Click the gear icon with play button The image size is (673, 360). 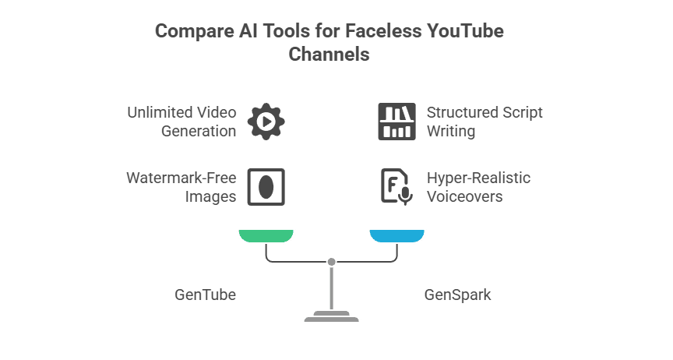[x=266, y=122]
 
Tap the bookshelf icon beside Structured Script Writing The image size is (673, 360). [x=396, y=122]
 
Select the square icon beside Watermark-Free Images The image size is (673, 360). [x=266, y=187]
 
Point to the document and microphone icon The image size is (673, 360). [x=396, y=187]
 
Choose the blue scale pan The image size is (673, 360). [x=396, y=236]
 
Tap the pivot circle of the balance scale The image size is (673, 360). [x=332, y=261]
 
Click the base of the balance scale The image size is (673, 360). [x=332, y=316]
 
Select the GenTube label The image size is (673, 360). [x=205, y=295]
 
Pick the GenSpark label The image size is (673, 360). [x=457, y=295]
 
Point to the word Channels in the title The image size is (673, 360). [x=329, y=55]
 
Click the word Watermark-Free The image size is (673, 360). [x=181, y=178]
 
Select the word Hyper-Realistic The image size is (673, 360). [x=478, y=178]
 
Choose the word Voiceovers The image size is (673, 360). [x=464, y=196]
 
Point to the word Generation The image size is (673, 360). [x=199, y=131]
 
